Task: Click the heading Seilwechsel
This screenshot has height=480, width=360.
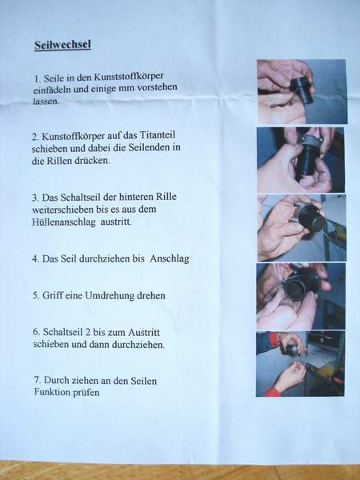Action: pyautogui.click(x=62, y=45)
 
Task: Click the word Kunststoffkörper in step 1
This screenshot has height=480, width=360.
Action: pyautogui.click(x=129, y=77)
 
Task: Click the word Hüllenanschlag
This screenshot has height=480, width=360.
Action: pyautogui.click(x=64, y=222)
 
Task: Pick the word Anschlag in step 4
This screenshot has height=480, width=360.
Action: pyautogui.click(x=170, y=259)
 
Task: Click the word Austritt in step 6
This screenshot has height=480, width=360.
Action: pyautogui.click(x=143, y=333)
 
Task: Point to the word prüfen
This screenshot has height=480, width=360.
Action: pyautogui.click(x=86, y=393)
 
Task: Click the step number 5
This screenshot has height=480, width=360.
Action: pyautogui.click(x=36, y=296)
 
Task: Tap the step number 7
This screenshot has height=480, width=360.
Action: pyautogui.click(x=38, y=381)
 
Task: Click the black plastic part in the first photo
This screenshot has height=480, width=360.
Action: pyautogui.click(x=302, y=90)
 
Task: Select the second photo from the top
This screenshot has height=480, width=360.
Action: pyautogui.click(x=301, y=160)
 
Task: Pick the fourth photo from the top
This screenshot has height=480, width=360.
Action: pyautogui.click(x=301, y=296)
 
